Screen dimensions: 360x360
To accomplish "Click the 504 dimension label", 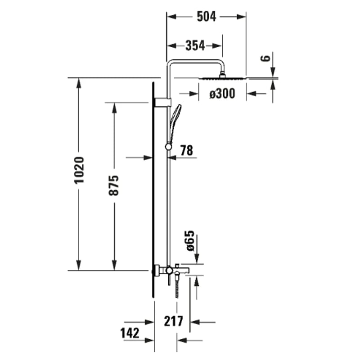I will tap(207, 17).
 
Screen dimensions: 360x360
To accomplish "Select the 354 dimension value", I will tap(195, 45).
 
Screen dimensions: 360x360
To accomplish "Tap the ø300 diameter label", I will tap(222, 94).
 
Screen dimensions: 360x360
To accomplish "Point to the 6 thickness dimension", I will tap(266, 58).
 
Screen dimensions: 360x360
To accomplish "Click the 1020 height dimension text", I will tap(79, 171).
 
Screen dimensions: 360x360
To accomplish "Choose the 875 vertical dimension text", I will tap(114, 185).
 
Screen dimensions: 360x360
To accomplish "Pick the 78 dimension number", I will tap(186, 150).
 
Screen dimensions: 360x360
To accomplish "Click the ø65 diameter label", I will tap(189, 241).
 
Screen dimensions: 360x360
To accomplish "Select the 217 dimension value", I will tap(173, 321).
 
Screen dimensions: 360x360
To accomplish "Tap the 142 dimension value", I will tap(130, 333).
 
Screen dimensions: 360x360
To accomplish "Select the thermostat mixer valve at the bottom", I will tap(169, 270).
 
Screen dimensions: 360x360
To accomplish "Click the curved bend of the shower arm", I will tap(170, 64).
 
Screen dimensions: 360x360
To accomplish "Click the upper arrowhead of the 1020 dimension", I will tap(79, 83).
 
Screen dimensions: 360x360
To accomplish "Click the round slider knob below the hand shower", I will tap(169, 146).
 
